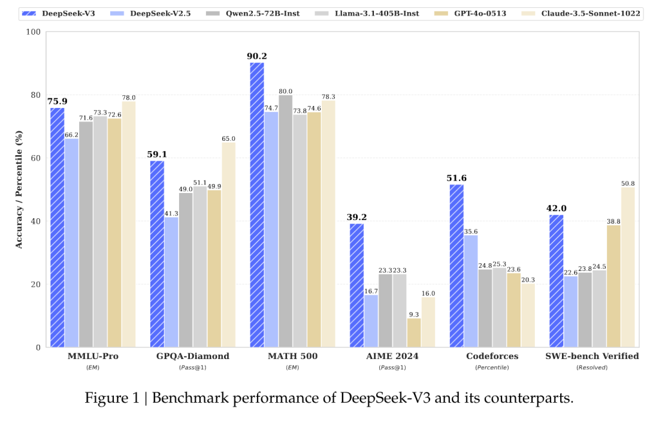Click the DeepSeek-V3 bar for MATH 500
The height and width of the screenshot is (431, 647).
coord(256,204)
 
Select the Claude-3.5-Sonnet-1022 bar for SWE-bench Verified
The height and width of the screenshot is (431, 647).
coord(628,267)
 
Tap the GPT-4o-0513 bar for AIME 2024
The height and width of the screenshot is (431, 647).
coord(414,332)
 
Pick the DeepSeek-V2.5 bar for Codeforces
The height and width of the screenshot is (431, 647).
coord(471,291)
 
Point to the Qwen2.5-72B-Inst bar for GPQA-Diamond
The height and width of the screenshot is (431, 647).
coord(186,270)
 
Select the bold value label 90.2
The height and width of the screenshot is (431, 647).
coord(256,56)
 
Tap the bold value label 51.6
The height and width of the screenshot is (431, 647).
coord(456,178)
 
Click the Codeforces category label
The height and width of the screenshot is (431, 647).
coord(492,356)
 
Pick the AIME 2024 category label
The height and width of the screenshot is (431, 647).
coord(392,356)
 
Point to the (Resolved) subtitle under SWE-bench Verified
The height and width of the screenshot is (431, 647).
coord(592,367)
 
